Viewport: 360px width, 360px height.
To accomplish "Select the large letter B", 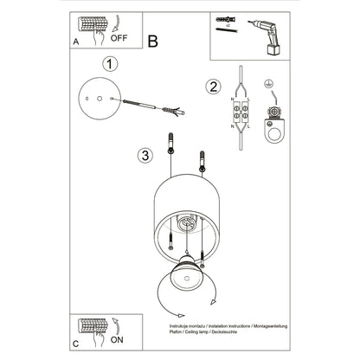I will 153,40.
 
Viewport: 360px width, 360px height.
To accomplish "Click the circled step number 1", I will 108,64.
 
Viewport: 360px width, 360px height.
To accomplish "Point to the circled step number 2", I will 212,86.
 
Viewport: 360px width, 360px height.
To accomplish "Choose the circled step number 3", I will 145,155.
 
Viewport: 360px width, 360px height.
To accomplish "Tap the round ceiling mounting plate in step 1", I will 98,103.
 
